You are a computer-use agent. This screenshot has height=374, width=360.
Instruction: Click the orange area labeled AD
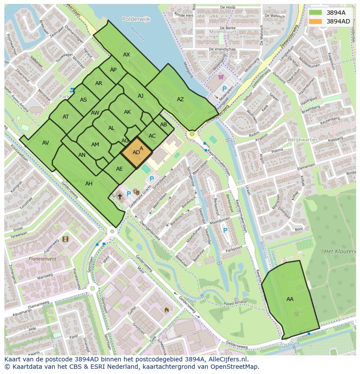coord(137,152)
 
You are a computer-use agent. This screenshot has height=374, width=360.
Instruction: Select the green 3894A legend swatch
coord(316,13)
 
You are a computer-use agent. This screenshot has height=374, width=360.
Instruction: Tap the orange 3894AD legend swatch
coord(316,21)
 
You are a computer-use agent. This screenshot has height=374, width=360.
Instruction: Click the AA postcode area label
coord(290,299)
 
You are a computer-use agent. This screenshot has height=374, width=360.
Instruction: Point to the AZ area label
coord(180,99)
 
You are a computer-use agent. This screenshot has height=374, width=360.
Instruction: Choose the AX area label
coord(127,55)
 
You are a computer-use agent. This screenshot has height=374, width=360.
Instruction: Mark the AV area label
coord(46,143)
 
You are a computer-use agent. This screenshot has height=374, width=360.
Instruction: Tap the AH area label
coord(89,184)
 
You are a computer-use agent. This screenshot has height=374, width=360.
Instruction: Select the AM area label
coord(95,145)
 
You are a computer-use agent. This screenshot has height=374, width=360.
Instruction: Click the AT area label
coord(66,117)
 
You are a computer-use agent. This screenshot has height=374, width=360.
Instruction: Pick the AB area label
coord(163,125)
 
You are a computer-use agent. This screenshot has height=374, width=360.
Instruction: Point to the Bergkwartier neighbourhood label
coord(303,140)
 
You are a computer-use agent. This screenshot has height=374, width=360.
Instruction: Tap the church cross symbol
coord(120,196)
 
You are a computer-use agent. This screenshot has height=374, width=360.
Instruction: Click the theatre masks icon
coord(136,192)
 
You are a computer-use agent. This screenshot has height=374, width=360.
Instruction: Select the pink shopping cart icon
coord(221,77)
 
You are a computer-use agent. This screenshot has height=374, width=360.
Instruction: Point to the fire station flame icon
coord(166,310)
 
